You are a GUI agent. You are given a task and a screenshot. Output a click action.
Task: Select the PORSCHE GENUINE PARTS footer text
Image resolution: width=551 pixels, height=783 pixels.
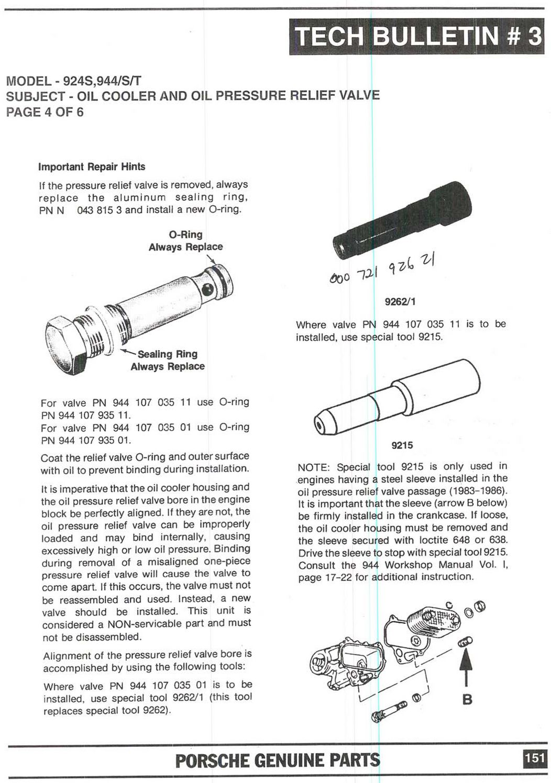pyautogui.click(x=278, y=760)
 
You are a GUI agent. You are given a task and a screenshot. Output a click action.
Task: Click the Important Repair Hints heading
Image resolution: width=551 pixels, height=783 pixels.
pyautogui.click(x=92, y=167)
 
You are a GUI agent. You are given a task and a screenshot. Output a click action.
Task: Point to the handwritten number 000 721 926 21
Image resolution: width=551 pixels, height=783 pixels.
pyautogui.click(x=384, y=271)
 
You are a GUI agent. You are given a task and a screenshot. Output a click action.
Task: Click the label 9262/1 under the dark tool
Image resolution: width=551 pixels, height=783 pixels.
pyautogui.click(x=401, y=301)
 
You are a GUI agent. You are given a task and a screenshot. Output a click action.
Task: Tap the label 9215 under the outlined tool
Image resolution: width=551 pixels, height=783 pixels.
pyautogui.click(x=402, y=445)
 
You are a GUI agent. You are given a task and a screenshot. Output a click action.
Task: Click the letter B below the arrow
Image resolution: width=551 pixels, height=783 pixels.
pyautogui.click(x=467, y=699)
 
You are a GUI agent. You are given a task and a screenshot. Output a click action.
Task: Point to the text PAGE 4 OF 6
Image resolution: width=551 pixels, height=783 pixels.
pyautogui.click(x=45, y=112)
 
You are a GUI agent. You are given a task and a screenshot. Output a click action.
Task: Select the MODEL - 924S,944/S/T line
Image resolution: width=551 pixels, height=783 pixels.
pyautogui.click(x=73, y=82)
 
